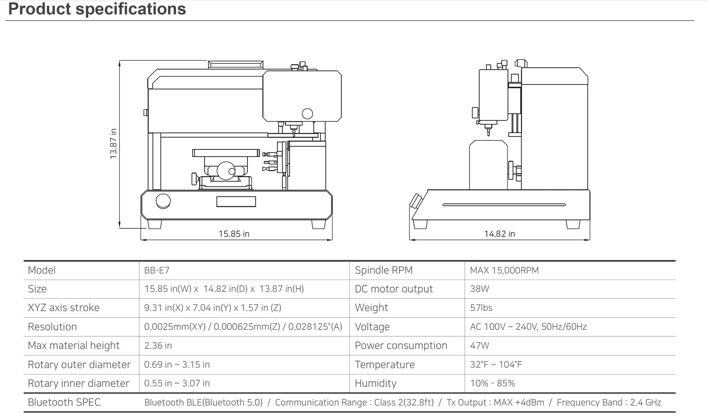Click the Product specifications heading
point(97,9)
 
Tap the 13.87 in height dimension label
point(113,144)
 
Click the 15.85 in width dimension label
point(234,234)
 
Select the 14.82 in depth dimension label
point(499,234)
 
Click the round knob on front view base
point(163,201)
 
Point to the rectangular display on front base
point(236,201)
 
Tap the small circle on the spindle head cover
point(307,114)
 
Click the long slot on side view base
point(504,205)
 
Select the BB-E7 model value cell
point(157,270)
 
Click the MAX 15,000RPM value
point(504,270)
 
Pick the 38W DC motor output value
point(479,289)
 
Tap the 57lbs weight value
point(481,308)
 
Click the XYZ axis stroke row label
point(64,308)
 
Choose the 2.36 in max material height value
point(158,345)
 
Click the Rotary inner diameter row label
point(78,383)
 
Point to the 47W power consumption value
point(479,345)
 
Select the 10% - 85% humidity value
point(492,383)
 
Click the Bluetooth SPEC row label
point(64,402)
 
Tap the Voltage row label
point(372,327)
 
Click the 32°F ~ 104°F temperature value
point(496,364)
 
